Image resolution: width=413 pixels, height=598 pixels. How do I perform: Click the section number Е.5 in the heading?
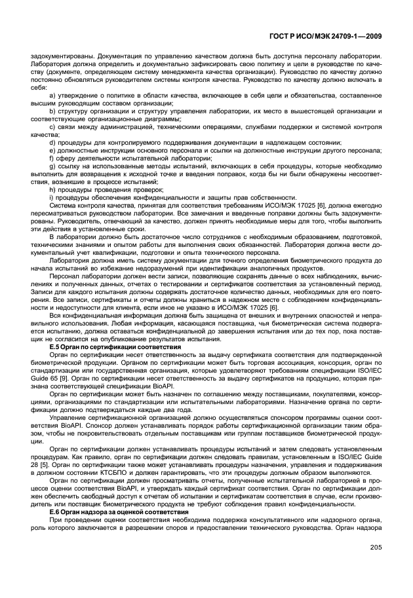click(56, 346)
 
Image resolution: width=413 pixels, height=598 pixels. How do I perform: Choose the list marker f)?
click(52, 159)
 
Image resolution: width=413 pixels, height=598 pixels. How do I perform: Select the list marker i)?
click(51, 198)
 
